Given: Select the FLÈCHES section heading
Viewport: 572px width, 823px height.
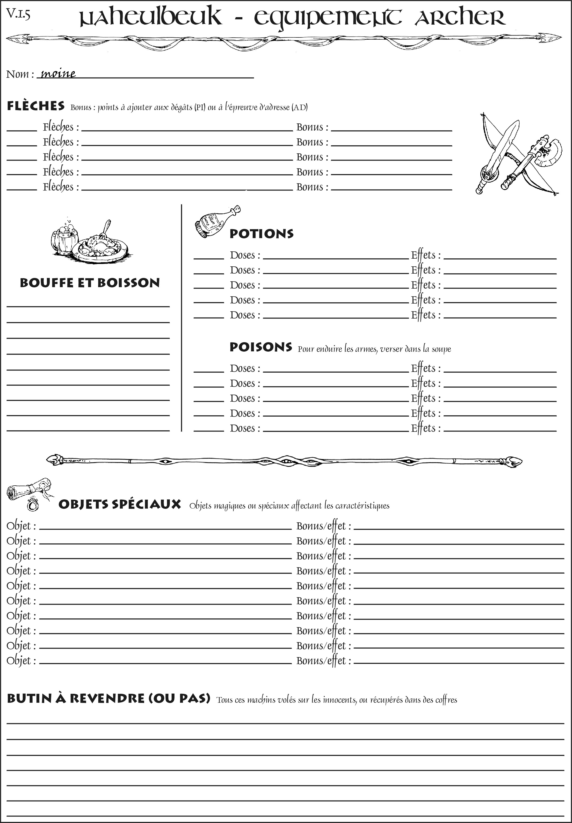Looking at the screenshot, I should click(x=36, y=106).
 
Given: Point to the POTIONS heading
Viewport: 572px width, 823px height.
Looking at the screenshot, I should click(x=261, y=234).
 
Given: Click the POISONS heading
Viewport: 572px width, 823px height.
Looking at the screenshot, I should click(x=261, y=347).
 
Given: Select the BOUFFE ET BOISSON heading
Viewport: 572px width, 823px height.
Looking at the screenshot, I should click(x=90, y=283).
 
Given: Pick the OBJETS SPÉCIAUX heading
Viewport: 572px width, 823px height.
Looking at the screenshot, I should click(x=119, y=504).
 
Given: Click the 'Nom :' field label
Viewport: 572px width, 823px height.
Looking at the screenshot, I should click(x=20, y=74).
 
